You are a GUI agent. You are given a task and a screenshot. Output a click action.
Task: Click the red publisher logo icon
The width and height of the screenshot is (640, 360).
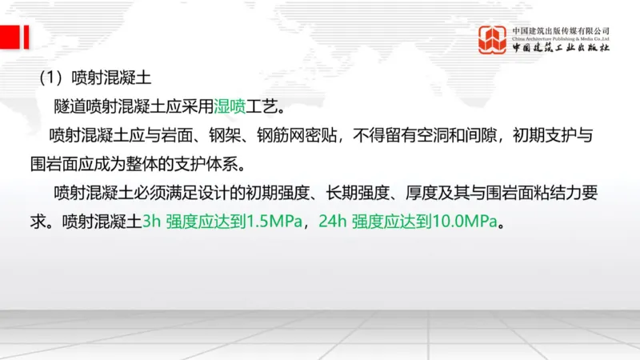492,39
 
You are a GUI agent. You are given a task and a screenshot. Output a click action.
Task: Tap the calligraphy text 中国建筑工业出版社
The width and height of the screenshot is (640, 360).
561,48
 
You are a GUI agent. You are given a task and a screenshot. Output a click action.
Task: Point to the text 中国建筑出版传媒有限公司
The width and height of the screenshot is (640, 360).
561,30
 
